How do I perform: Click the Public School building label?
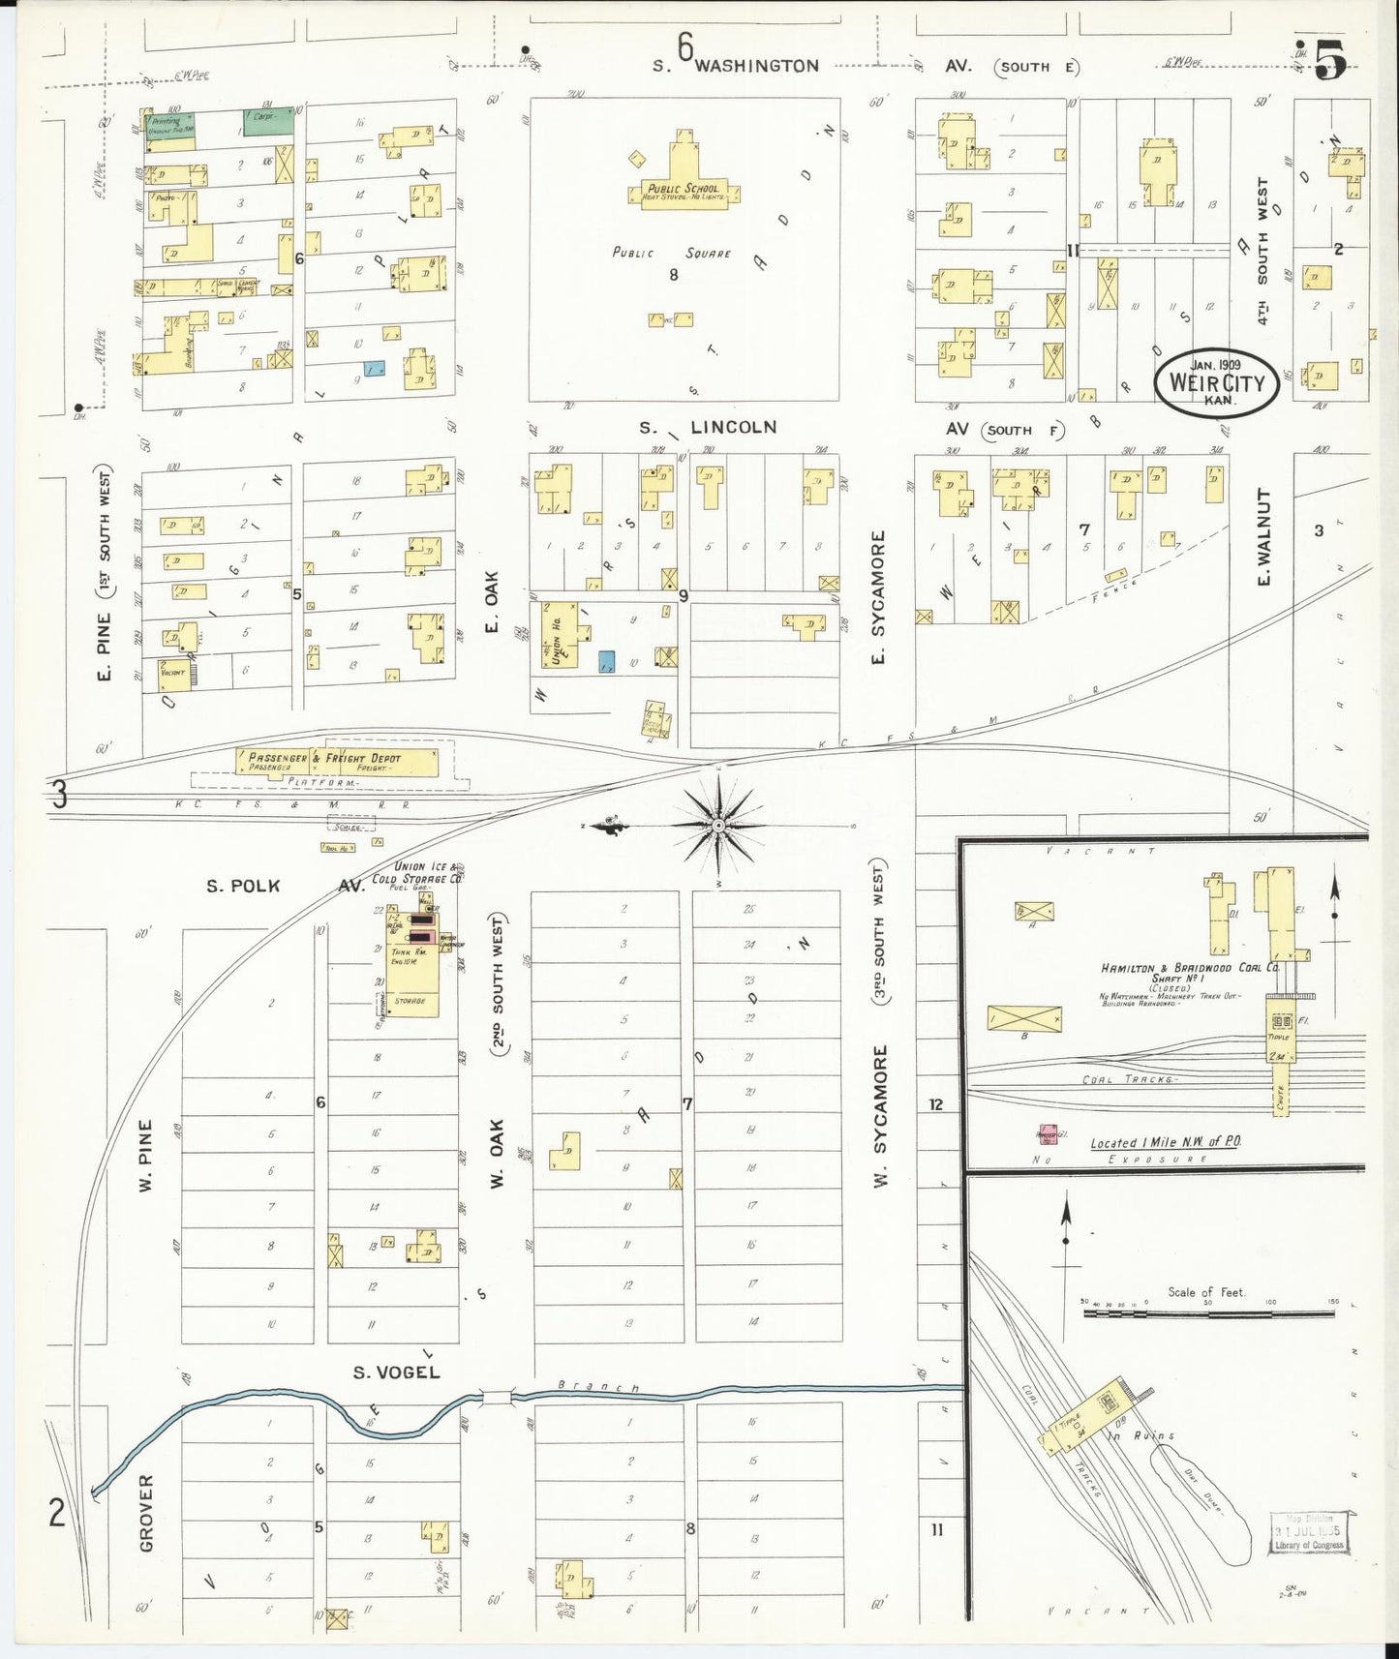pos(684,190)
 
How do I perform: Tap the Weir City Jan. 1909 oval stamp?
pos(1217,382)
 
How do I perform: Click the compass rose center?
pos(718,826)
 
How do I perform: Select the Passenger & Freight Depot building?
pos(337,763)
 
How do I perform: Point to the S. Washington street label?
pos(736,66)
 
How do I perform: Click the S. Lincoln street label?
pos(708,427)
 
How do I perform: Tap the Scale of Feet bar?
pos(1207,1313)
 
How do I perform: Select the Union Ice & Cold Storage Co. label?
pos(418,873)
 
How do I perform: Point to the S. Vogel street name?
pos(396,1372)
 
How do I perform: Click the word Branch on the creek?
pos(599,1388)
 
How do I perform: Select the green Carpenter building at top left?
pos(267,121)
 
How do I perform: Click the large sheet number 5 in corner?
pos(1331,60)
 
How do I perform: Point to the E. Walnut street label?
pos(1262,536)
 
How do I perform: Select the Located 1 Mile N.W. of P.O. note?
pos(1166,1142)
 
